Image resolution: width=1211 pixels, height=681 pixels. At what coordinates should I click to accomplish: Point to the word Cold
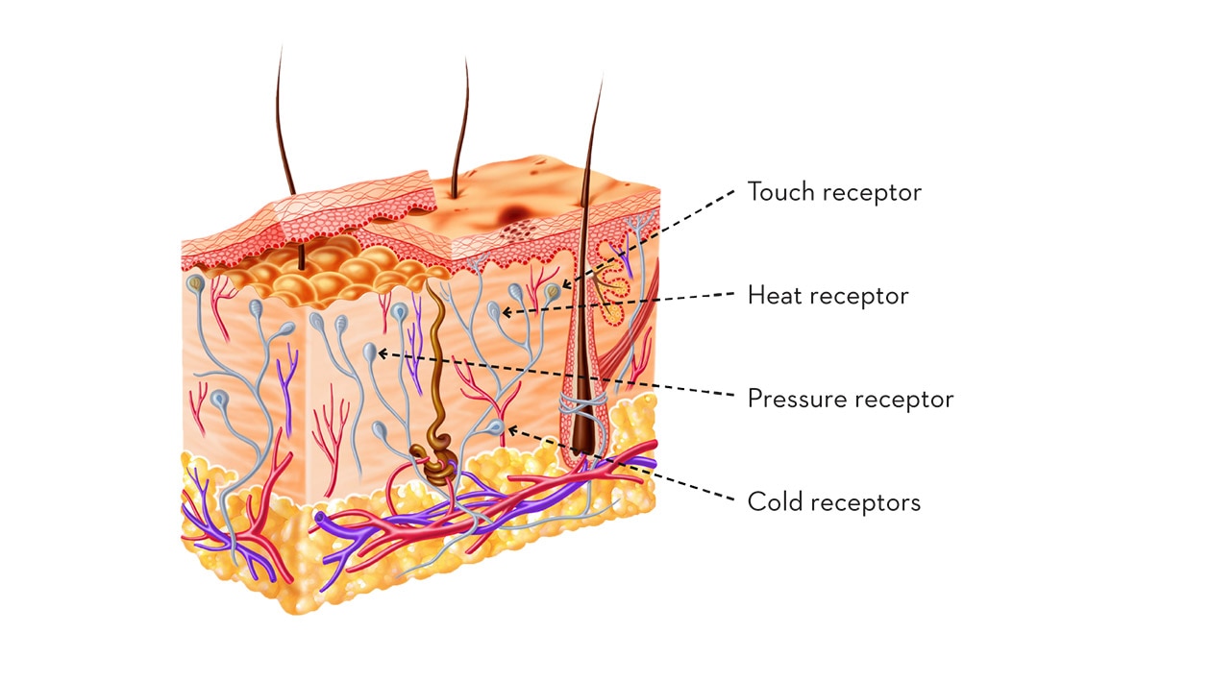click(x=770, y=501)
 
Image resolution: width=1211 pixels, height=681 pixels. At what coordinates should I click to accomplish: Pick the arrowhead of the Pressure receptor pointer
click(x=381, y=353)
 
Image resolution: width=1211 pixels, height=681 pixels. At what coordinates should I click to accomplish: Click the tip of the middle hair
click(x=466, y=60)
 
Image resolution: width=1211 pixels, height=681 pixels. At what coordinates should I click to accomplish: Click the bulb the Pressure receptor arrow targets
click(x=370, y=353)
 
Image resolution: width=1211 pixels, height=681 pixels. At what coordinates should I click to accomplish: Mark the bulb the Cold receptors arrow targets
click(x=497, y=425)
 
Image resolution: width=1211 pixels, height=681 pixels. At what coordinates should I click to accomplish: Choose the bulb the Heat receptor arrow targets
click(x=494, y=311)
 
